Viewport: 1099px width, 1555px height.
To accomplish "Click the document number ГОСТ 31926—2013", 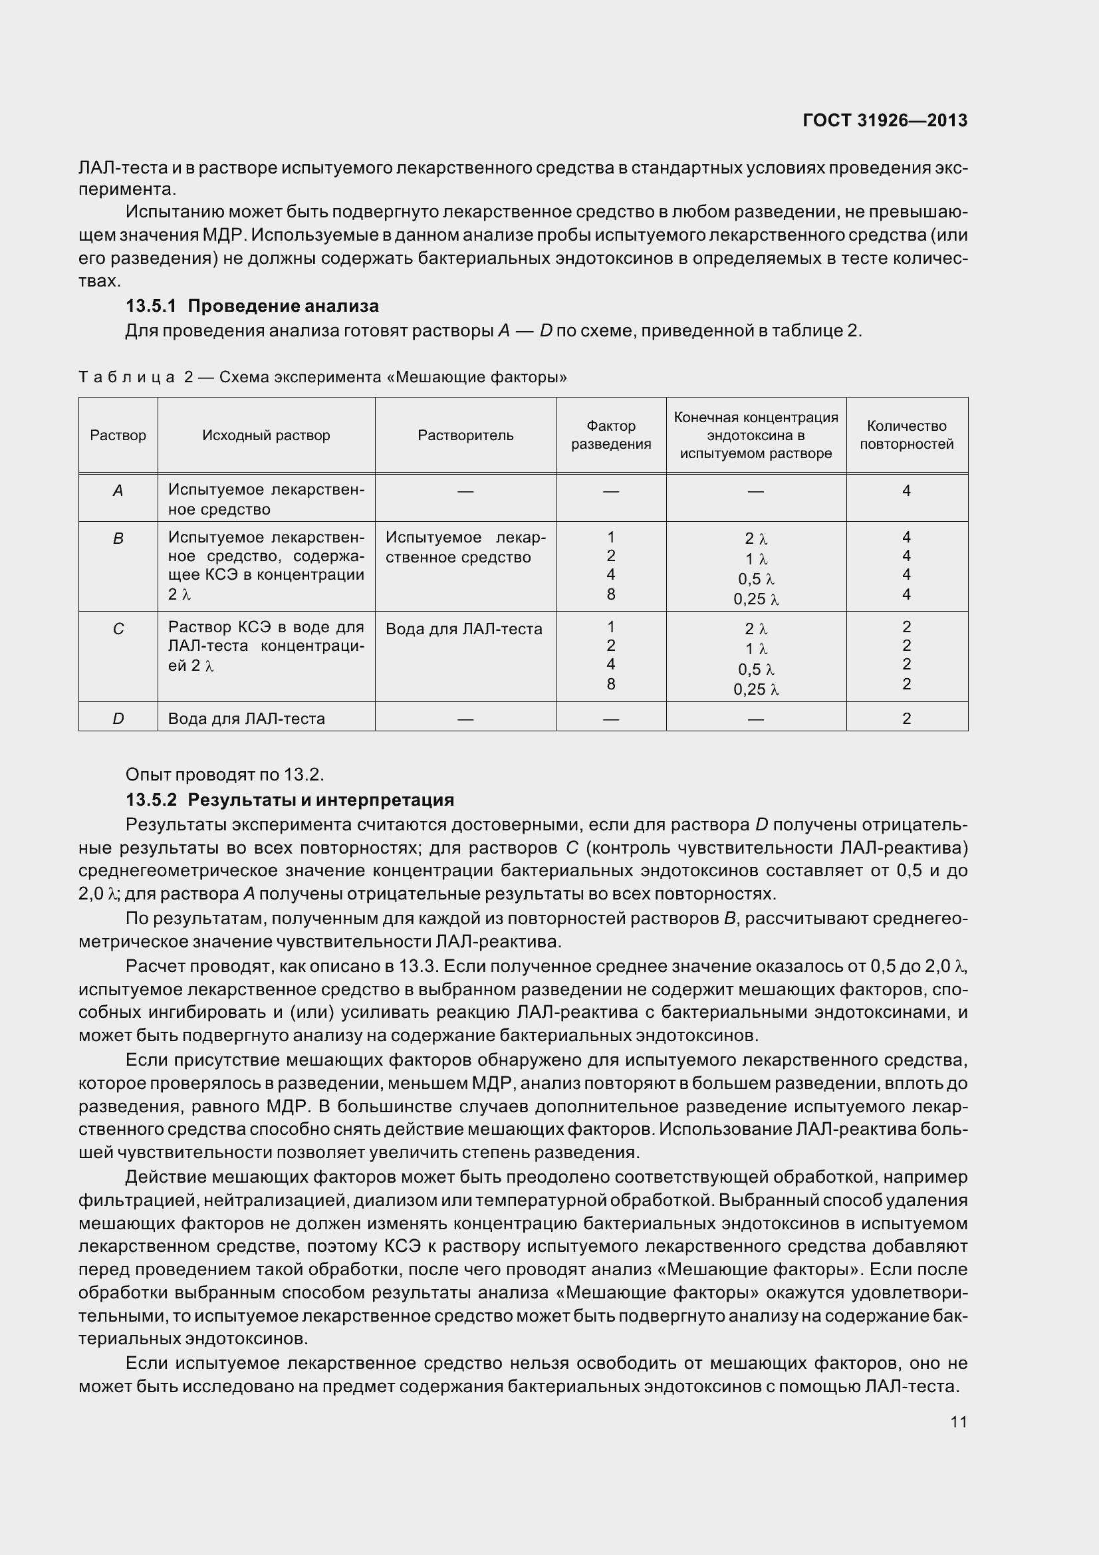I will click(x=884, y=120).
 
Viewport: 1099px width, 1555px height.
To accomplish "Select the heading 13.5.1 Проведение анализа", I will click(x=252, y=306).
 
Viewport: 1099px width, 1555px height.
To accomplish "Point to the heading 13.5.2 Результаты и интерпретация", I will click(x=290, y=800).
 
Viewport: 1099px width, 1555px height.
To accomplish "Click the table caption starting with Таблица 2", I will click(x=322, y=377).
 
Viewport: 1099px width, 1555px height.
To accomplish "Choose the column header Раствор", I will click(x=118, y=435).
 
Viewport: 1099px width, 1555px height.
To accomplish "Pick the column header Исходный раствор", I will click(x=266, y=435).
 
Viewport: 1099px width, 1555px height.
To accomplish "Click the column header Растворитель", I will click(x=465, y=435).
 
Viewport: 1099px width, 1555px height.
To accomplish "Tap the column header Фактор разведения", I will click(x=611, y=435).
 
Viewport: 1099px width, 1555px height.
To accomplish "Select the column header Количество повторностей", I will click(x=906, y=435).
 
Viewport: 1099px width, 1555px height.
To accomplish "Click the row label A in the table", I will click(x=118, y=491).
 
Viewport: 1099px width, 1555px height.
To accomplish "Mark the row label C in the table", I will click(x=118, y=629).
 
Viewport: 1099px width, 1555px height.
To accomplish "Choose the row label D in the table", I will click(x=118, y=719).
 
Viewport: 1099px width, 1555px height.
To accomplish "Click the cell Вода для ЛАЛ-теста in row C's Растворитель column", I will click(x=464, y=629).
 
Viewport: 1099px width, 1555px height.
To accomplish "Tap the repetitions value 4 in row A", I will click(x=906, y=491).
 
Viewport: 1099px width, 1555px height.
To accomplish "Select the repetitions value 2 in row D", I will click(x=906, y=719).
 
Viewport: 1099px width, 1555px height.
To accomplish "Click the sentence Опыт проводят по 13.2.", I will click(x=225, y=774).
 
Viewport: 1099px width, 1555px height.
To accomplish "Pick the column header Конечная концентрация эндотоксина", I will click(x=756, y=435).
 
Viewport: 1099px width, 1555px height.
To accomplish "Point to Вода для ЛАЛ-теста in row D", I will click(x=247, y=719).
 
